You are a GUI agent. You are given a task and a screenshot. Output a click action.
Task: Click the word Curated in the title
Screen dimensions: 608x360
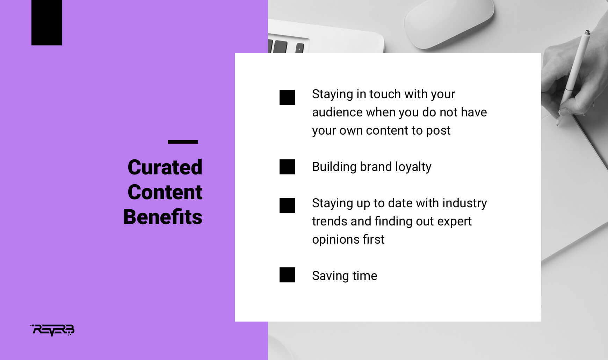pos(165,167)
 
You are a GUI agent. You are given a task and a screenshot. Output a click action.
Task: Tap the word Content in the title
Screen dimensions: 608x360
pos(165,192)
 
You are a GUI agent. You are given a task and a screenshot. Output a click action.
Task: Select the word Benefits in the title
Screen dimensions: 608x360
pos(163,217)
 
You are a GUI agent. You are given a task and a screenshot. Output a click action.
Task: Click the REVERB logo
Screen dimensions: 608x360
pos(52,330)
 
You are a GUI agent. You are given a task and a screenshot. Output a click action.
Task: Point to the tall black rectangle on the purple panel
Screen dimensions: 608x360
pos(46,23)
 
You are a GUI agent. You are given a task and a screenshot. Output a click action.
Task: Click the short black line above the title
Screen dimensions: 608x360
pos(183,142)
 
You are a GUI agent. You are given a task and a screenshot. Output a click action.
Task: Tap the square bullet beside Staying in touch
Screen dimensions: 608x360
pos(287,97)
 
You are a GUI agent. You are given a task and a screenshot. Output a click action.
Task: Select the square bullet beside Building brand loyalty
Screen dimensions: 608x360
pos(287,167)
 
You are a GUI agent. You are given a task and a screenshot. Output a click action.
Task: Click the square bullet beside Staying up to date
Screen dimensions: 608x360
pos(287,205)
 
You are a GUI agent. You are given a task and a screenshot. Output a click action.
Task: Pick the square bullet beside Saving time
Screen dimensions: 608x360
pos(287,275)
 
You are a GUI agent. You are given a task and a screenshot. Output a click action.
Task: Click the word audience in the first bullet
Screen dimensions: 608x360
pos(337,112)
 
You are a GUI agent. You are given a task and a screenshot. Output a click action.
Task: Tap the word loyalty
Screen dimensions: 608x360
pos(413,167)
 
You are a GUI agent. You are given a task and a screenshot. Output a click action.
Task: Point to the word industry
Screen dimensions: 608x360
pos(464,203)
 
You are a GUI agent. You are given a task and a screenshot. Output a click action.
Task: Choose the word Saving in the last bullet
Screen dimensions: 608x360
pos(330,276)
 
